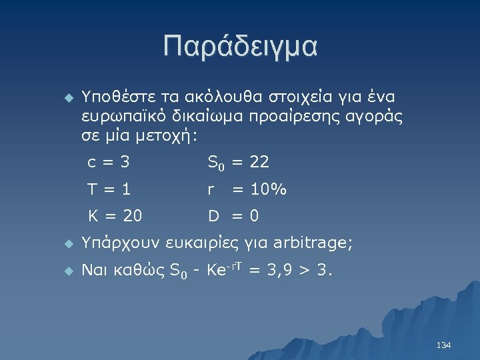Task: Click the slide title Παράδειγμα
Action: coord(240,47)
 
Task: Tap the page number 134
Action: coord(443,345)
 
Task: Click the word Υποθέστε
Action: coord(113,97)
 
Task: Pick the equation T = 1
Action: coord(109,190)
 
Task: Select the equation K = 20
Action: coord(115,217)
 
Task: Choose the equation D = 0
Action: coord(233,217)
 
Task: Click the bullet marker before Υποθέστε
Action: coord(66,97)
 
